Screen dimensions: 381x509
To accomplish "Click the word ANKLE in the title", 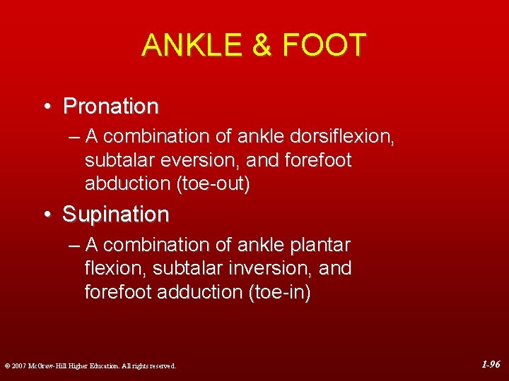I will click(x=189, y=46).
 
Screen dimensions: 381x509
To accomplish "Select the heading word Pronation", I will click(x=111, y=107).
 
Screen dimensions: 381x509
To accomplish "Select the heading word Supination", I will click(x=116, y=214).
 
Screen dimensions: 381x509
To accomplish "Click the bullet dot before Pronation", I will click(x=47, y=107).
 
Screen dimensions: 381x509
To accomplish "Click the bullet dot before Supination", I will click(x=47, y=214).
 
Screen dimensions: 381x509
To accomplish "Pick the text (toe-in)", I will click(x=279, y=292).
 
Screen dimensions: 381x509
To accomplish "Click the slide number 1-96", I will click(x=491, y=365).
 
